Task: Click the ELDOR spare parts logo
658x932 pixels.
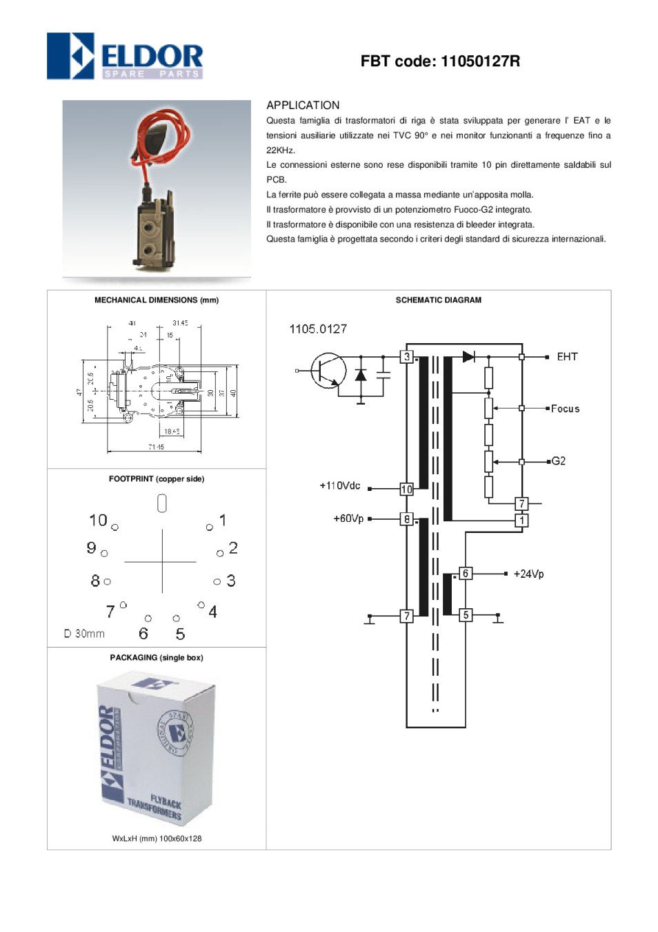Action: point(125,56)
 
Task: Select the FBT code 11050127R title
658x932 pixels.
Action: point(440,61)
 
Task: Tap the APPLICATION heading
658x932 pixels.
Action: point(303,106)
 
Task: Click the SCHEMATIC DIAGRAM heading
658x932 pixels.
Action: point(438,300)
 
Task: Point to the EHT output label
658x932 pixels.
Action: point(567,357)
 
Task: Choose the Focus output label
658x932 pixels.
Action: point(565,409)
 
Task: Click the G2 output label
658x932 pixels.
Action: point(559,461)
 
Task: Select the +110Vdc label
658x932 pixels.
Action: point(339,486)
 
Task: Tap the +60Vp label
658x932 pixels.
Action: point(348,518)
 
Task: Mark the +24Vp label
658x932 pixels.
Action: point(528,574)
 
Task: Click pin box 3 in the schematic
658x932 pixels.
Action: point(407,357)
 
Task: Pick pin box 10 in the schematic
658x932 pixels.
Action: point(407,489)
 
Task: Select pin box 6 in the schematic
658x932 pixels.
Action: point(466,573)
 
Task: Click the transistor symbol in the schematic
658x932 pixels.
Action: point(328,371)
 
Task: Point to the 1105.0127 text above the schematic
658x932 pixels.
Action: point(318,329)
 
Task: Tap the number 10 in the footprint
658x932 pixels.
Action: point(98,520)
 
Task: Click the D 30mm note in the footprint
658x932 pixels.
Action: point(84,634)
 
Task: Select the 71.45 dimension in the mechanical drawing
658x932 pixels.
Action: point(156,447)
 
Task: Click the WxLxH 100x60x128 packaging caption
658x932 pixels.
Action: point(157,839)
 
